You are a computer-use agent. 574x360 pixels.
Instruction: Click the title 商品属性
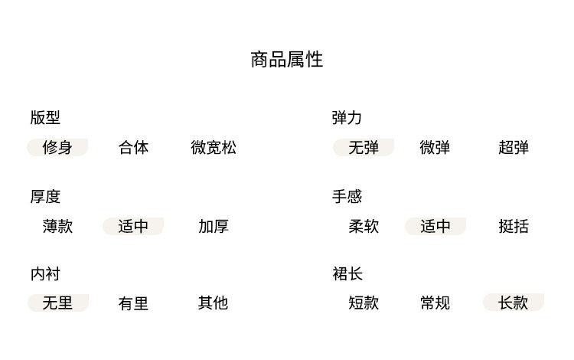click(287, 60)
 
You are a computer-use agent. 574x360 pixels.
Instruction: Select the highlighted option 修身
click(57, 147)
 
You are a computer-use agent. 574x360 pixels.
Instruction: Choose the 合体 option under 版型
click(134, 147)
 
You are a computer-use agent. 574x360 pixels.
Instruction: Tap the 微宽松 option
click(214, 147)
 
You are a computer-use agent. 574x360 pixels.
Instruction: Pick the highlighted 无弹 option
click(364, 147)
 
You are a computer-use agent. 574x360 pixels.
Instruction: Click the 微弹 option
click(435, 147)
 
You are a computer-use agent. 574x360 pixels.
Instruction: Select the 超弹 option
click(514, 147)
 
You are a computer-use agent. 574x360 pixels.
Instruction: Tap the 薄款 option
click(57, 226)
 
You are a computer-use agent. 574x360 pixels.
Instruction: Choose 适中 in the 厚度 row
click(133, 226)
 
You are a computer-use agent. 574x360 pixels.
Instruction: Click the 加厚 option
click(214, 226)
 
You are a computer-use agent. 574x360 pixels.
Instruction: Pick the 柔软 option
click(364, 226)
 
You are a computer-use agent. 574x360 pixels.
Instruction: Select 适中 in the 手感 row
click(435, 226)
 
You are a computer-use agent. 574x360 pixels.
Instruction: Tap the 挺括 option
click(514, 226)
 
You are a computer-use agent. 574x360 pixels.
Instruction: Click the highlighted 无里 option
click(57, 303)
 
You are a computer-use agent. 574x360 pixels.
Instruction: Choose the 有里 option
click(133, 303)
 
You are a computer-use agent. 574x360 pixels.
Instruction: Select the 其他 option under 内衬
click(214, 303)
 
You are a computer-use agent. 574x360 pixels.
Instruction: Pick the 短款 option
click(364, 303)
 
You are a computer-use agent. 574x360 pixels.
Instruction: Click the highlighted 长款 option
click(514, 303)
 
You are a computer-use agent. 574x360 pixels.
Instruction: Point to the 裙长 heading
click(347, 273)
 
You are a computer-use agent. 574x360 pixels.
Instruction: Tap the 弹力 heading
click(347, 118)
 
